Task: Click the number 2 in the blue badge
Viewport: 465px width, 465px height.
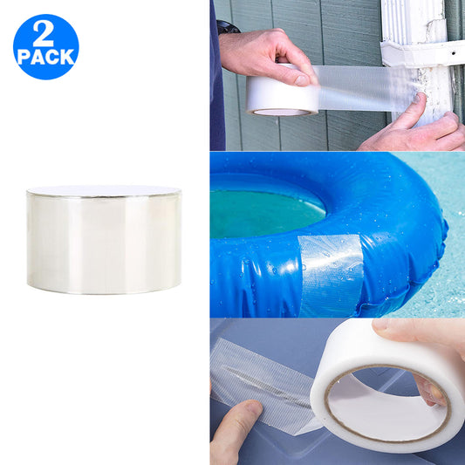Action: [44, 34]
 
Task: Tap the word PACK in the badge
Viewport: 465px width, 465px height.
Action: [45, 57]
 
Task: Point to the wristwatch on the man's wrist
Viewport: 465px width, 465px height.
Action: [229, 27]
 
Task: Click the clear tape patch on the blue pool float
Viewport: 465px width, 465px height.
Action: [331, 272]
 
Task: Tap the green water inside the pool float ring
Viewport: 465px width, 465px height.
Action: [262, 209]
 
